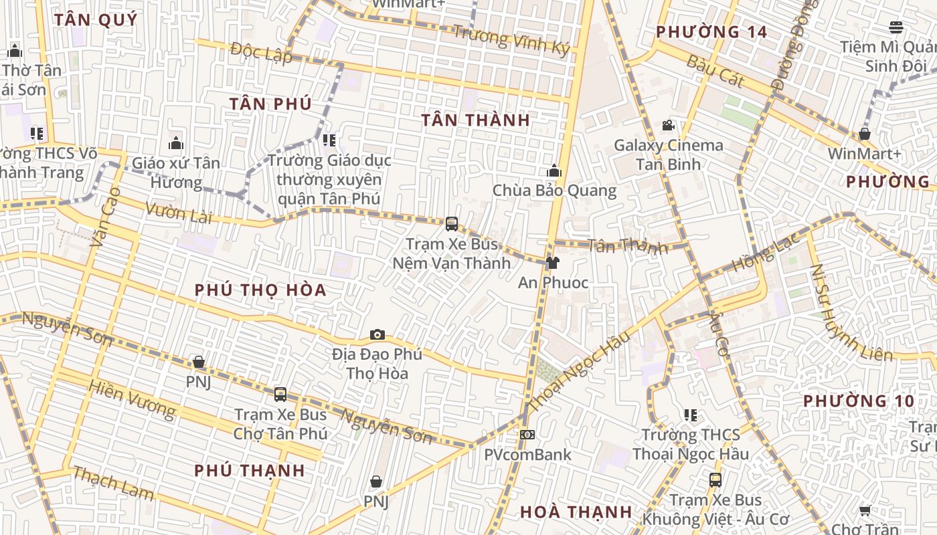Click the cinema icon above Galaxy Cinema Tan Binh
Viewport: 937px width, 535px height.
667,125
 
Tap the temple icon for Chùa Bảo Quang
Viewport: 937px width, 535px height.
553,171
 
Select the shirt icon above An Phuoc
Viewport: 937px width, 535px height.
552,263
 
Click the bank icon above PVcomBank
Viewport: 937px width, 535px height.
527,435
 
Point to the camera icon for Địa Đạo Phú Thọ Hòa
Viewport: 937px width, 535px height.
377,334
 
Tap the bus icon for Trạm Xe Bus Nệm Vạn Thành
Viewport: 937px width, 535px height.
452,223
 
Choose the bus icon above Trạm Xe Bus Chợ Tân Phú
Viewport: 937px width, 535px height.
280,395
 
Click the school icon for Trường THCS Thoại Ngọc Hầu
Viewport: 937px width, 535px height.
691,415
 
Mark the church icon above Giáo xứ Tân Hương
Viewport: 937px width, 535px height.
176,143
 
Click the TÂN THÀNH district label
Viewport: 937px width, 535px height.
475,120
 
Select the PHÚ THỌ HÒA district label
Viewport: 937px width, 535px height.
260,290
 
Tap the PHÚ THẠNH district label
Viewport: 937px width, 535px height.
250,471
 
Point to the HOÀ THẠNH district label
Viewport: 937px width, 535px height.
576,512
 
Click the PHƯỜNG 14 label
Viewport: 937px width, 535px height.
711,32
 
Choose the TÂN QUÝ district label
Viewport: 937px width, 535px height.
96,20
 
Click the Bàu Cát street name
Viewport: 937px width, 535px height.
715,71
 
